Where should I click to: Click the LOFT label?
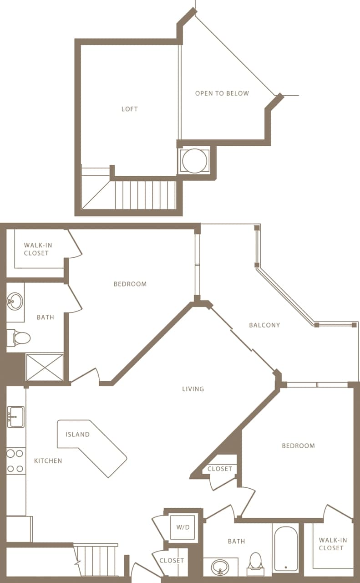coord(129,109)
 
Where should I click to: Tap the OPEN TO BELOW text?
coord(222,93)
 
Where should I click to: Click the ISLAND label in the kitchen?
coord(77,435)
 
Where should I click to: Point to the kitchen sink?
coord(16,417)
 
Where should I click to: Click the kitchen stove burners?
coord(15,460)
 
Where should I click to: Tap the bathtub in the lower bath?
coord(286,548)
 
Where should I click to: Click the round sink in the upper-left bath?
coord(15,301)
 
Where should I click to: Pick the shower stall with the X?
coord(45,367)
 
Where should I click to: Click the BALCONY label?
coord(264,325)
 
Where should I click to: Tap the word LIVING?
coord(193,389)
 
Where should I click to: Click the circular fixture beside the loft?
coord(194,161)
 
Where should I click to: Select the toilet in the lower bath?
coord(256,563)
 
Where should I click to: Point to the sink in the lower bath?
coord(221,567)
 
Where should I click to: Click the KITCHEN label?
coord(48,461)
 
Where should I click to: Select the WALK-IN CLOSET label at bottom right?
coord(333,544)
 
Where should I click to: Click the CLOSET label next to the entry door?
coord(172,561)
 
